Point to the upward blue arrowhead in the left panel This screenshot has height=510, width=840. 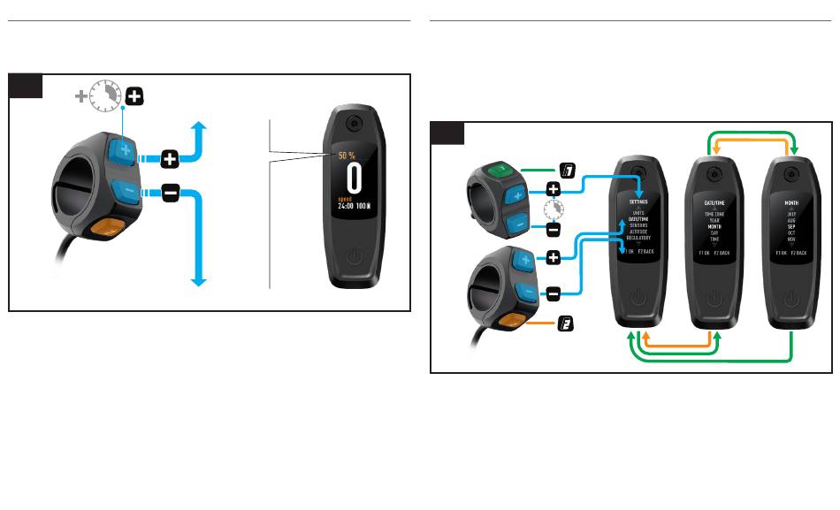tap(199, 128)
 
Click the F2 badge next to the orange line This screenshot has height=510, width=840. tap(563, 326)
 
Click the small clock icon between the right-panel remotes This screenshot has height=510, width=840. tap(553, 209)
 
